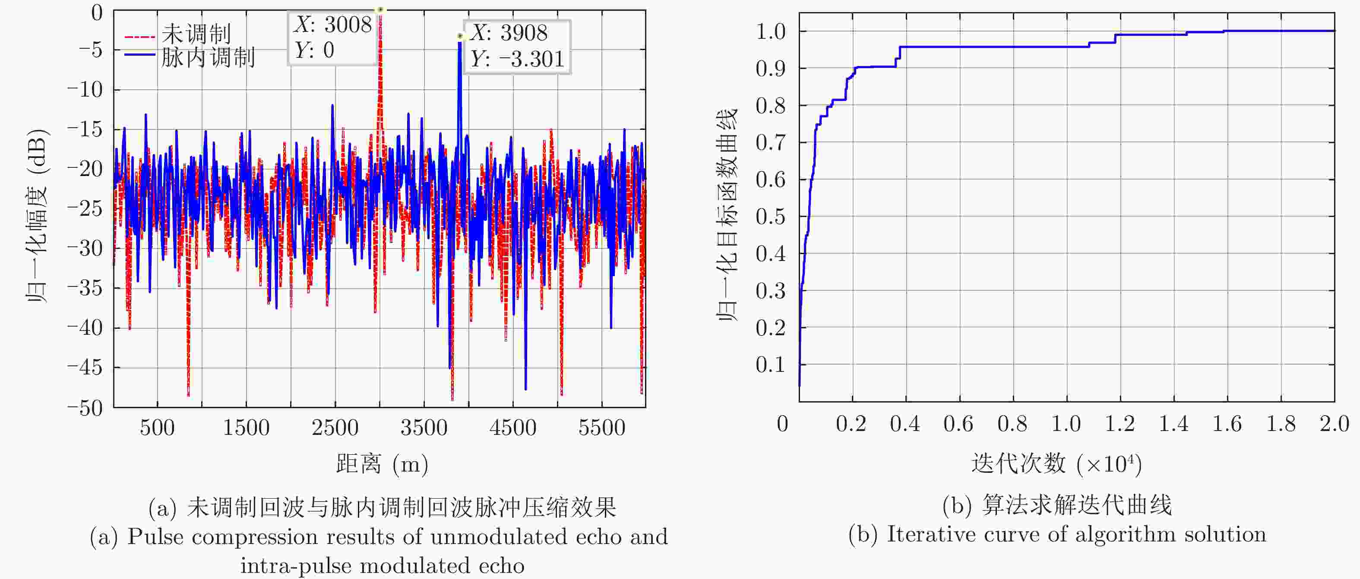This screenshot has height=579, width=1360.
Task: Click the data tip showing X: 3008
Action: (x=332, y=38)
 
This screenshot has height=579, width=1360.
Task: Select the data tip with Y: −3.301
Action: (x=517, y=47)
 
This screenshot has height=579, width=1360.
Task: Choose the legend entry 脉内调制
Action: (x=208, y=57)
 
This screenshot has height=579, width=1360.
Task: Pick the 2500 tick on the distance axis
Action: (x=335, y=428)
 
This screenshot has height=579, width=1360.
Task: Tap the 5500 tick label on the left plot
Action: (x=601, y=428)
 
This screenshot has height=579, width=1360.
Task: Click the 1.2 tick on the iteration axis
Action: (x=1120, y=424)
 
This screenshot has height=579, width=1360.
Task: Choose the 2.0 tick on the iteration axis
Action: (x=1334, y=424)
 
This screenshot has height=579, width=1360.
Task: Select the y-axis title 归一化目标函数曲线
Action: (x=727, y=215)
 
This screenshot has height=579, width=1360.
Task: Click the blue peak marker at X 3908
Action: (x=460, y=36)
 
